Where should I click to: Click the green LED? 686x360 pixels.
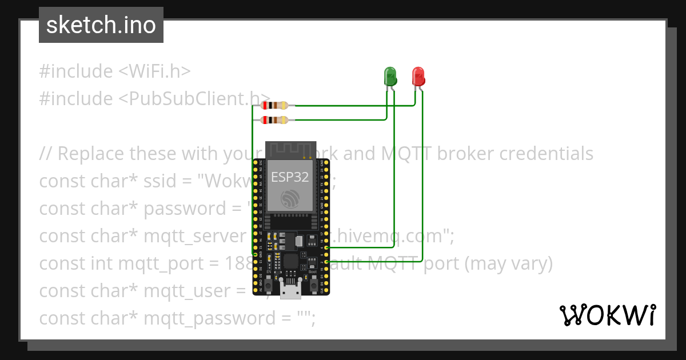[390, 77]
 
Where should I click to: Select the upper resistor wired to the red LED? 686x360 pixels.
[275, 105]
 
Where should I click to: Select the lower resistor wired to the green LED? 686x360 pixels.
[275, 120]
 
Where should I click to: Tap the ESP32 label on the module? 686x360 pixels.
[289, 177]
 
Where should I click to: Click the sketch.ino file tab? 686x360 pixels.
[101, 25]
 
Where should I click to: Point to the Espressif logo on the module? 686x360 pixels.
[289, 198]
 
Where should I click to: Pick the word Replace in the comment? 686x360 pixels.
[91, 154]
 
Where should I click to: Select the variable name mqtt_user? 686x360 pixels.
[186, 291]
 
